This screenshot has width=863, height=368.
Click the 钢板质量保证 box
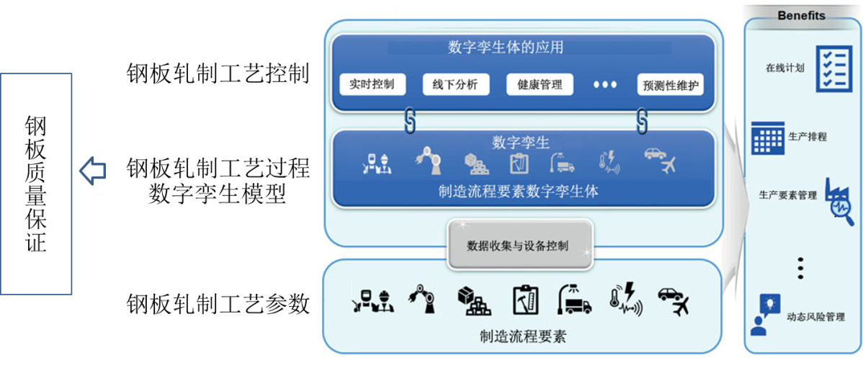pyautogui.click(x=36, y=184)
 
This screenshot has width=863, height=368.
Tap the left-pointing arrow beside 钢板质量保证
pyautogui.click(x=92, y=171)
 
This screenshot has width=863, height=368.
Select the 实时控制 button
pyautogui.click(x=372, y=84)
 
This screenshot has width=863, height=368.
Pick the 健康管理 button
pyautogui.click(x=540, y=84)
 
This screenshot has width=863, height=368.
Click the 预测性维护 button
pyautogui.click(x=670, y=85)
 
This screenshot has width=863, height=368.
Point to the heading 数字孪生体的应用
pyautogui.click(x=505, y=48)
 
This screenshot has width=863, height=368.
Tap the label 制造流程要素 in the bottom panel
pyautogui.click(x=522, y=336)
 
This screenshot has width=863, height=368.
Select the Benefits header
pyautogui.click(x=801, y=15)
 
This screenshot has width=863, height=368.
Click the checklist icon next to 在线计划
pyautogui.click(x=834, y=68)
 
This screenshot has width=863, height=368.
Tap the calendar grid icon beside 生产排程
pyautogui.click(x=767, y=138)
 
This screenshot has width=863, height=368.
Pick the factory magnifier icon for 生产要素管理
pyautogui.click(x=838, y=201)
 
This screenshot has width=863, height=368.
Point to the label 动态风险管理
pyautogui.click(x=815, y=316)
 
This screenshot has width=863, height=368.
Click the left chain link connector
pyautogui.click(x=411, y=121)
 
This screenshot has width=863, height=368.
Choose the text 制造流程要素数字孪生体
pyautogui.click(x=518, y=192)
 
